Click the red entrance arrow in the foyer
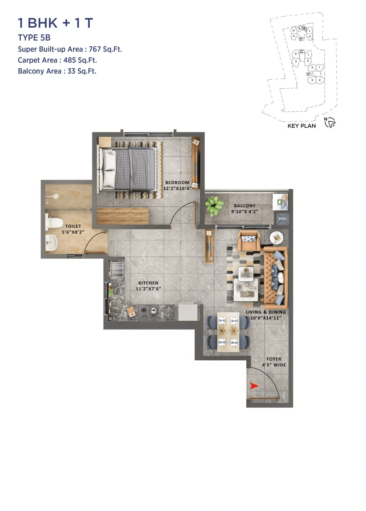click(x=254, y=386)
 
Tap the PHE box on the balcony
click(x=282, y=219)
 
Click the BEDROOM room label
click(x=177, y=183)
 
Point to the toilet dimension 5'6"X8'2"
click(x=73, y=232)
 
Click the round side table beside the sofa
click(x=277, y=238)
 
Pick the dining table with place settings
click(x=228, y=332)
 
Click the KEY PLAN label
click(x=302, y=126)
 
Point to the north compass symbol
click(x=330, y=122)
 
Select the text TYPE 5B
click(x=34, y=38)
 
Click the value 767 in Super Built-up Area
click(x=95, y=49)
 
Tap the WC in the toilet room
click(x=54, y=223)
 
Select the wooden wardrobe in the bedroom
click(x=123, y=216)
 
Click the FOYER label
click(x=274, y=359)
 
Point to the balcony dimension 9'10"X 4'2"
click(x=245, y=212)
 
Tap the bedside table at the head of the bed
click(x=105, y=142)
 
